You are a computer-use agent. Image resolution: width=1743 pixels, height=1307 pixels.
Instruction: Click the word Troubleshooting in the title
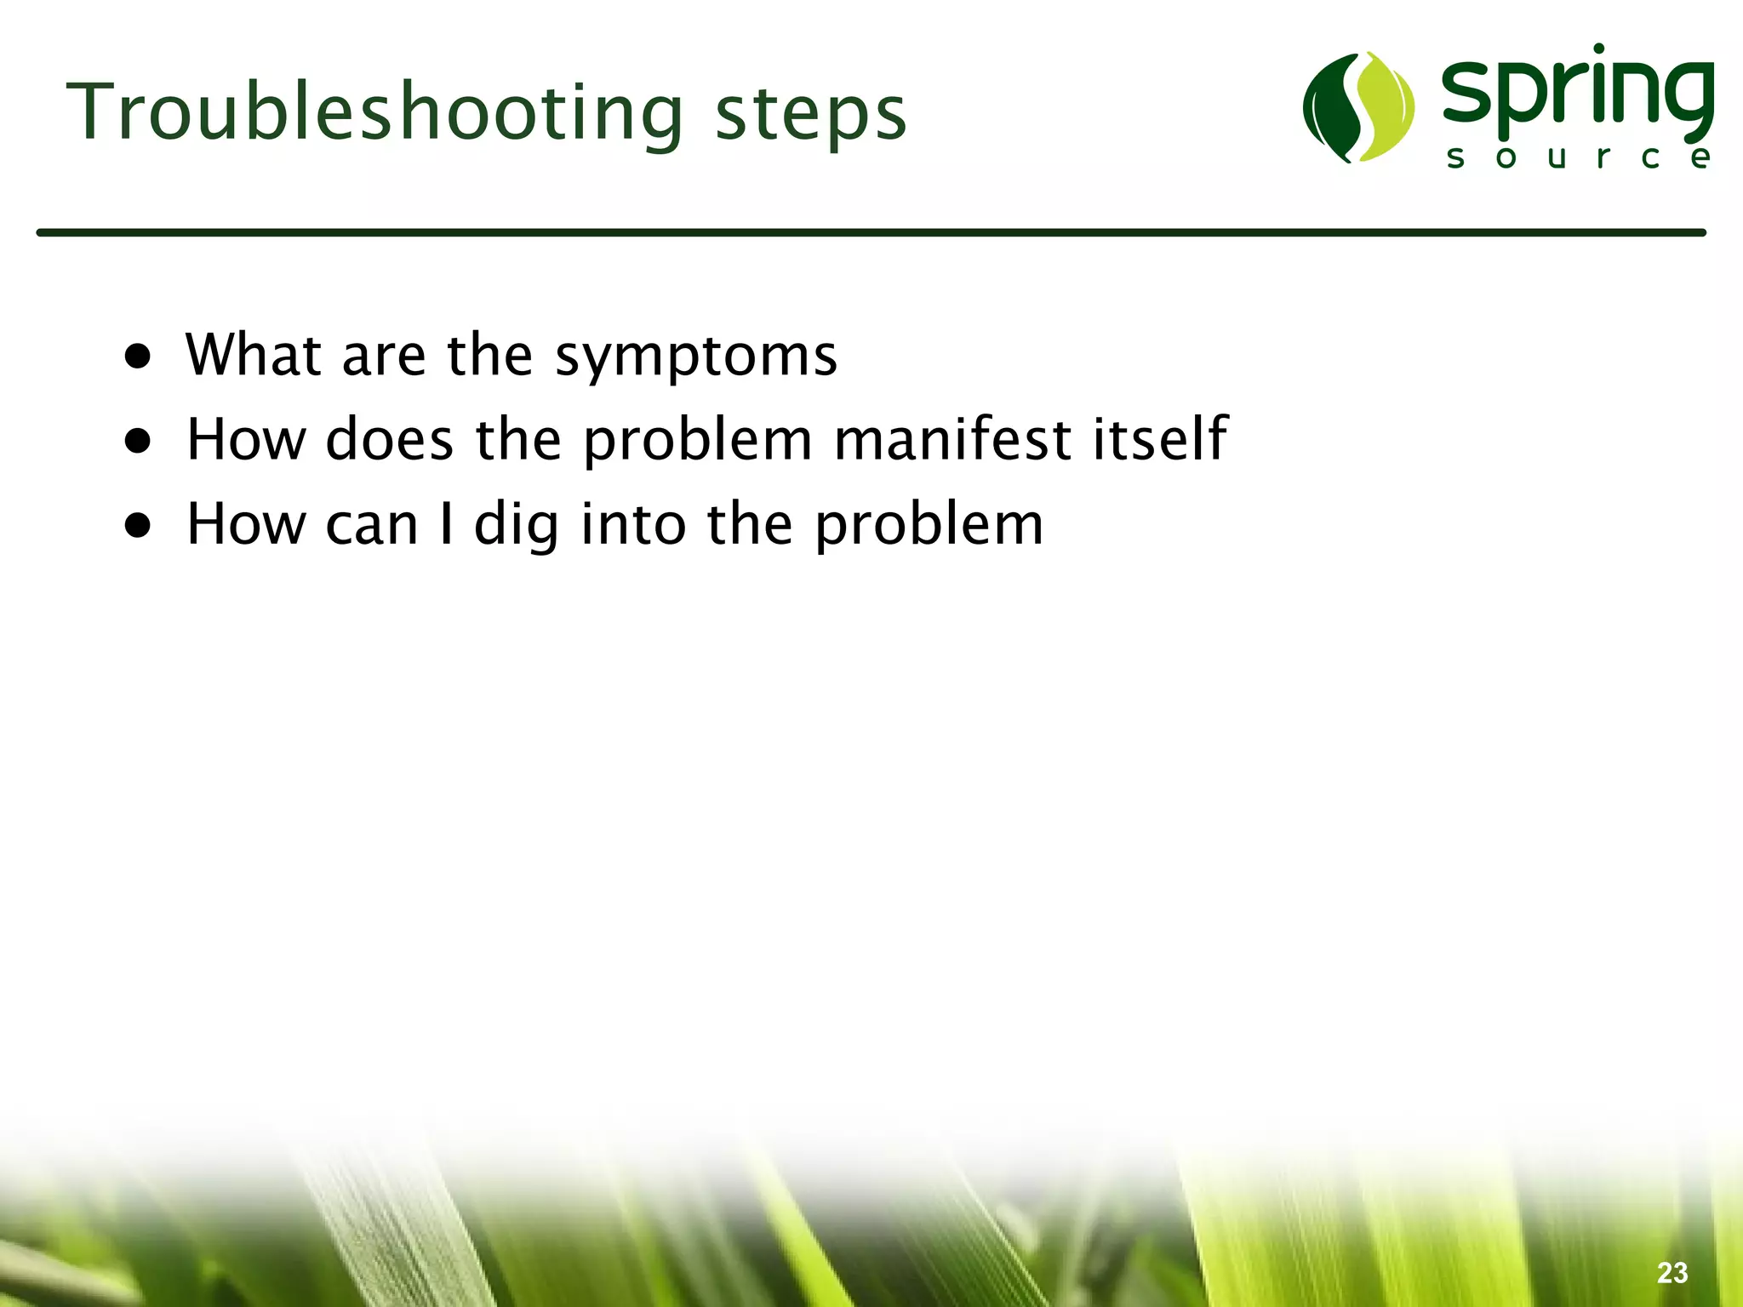click(374, 113)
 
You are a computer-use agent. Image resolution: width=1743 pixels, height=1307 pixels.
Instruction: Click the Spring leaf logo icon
click(1358, 107)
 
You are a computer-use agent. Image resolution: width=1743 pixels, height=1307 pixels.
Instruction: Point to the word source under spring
click(1579, 157)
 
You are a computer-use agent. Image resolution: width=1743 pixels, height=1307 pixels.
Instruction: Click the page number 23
click(1672, 1272)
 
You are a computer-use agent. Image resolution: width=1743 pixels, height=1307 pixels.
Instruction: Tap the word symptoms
click(695, 357)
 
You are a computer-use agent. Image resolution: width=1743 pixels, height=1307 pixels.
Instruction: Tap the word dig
click(517, 525)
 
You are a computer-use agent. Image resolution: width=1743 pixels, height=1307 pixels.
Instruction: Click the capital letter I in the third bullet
click(446, 523)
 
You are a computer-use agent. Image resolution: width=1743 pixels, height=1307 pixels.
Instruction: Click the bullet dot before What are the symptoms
click(138, 357)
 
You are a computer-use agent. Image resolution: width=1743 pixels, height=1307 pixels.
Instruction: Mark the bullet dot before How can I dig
click(138, 526)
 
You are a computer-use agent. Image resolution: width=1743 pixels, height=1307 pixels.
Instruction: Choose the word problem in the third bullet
click(929, 526)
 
